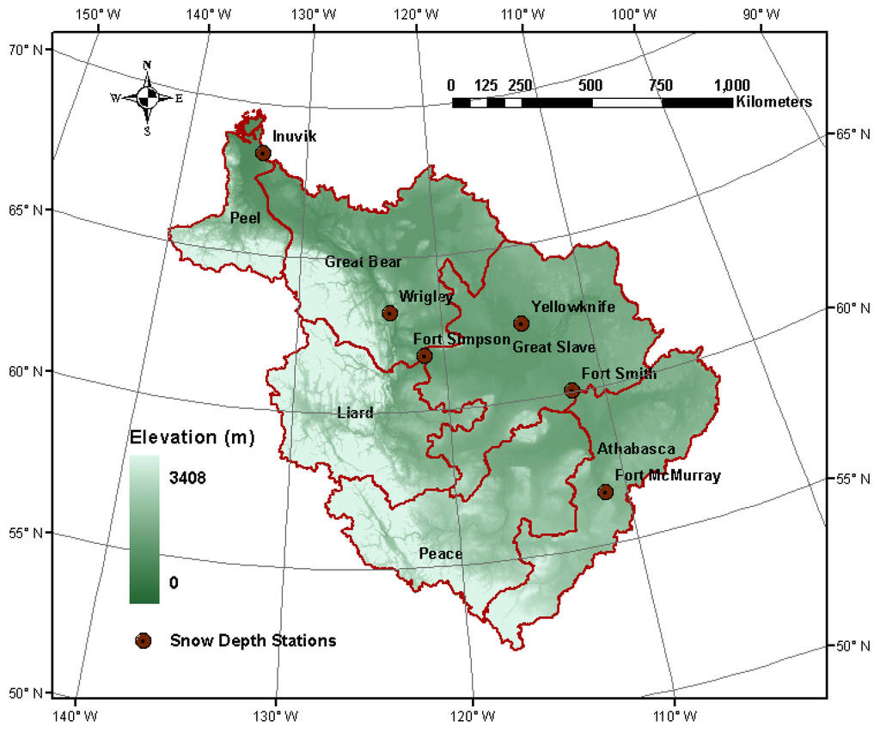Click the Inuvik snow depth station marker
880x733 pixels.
263,153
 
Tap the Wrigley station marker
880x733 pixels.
390,313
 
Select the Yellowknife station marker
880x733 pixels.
521,323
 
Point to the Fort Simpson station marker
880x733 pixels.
425,356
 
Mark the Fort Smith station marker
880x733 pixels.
571,390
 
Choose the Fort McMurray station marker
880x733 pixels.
605,492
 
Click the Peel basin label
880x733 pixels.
245,218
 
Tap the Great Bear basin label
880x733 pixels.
363,261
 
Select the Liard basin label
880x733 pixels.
355,413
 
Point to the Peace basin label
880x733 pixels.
440,553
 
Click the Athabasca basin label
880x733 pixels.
635,449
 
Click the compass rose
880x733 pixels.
147,98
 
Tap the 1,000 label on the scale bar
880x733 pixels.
731,85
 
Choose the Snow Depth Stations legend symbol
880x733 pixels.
144,640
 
